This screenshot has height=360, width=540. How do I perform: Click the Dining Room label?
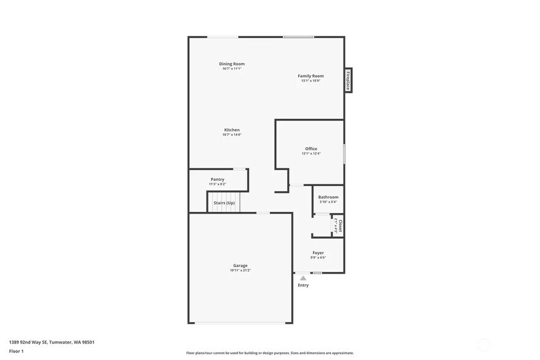tap(232, 64)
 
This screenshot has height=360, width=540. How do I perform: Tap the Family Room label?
tap(310, 76)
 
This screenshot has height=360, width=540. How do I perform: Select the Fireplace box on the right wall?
tap(348, 80)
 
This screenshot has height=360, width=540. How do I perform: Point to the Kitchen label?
tap(231, 130)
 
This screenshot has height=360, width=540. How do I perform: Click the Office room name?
tap(311, 149)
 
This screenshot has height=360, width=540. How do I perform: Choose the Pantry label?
tap(217, 179)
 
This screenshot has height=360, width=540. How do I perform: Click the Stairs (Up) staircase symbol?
tap(224, 203)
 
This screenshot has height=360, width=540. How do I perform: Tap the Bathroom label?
tap(328, 197)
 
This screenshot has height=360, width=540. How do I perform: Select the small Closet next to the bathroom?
tap(338, 225)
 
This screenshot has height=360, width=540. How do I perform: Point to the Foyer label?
tap(318, 253)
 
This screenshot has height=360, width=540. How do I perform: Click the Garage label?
tap(240, 266)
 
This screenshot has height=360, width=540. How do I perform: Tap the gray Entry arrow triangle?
tap(303, 278)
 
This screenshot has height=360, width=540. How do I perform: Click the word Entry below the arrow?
tap(303, 285)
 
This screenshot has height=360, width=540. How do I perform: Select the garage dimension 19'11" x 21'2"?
tap(240, 270)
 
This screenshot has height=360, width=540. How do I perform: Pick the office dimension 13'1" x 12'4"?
tap(311, 154)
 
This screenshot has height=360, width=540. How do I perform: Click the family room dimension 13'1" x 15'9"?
tap(310, 81)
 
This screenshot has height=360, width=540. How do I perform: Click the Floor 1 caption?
tap(17, 351)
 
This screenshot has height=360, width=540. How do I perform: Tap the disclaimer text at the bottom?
tap(269, 353)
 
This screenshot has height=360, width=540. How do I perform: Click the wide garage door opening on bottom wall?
tap(240, 323)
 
